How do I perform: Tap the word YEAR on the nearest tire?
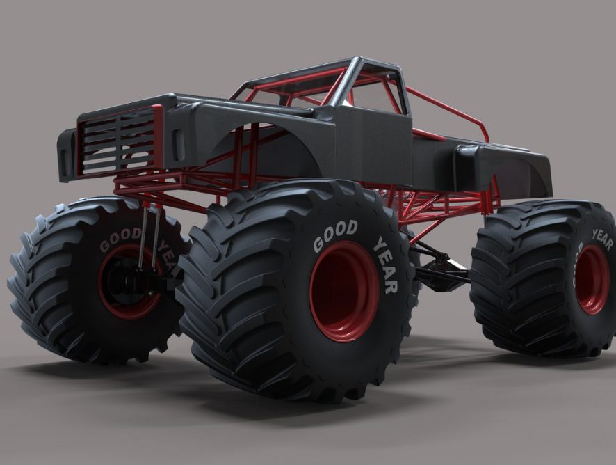pos(386,265)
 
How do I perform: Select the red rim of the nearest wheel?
pos(345,292)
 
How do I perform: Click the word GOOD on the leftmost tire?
pos(120,239)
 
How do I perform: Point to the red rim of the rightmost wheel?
pos(592,279)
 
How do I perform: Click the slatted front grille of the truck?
pos(118,141)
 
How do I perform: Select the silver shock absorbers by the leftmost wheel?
pos(149,236)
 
